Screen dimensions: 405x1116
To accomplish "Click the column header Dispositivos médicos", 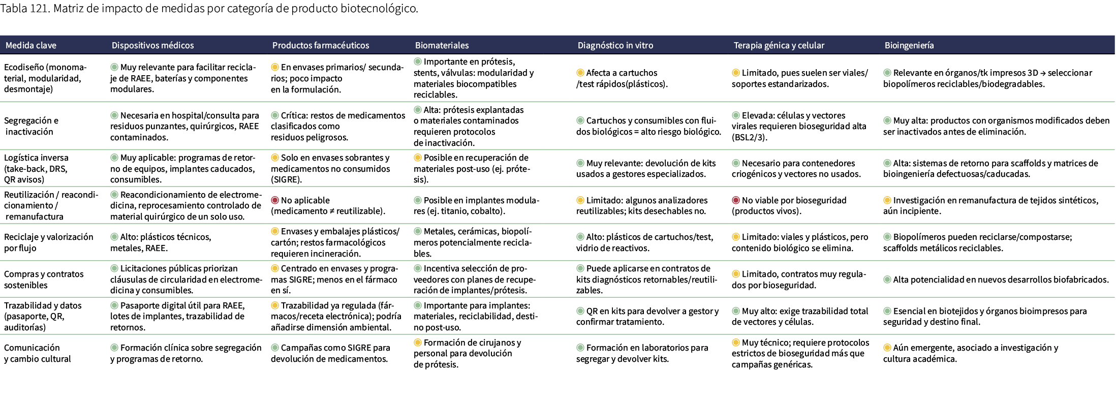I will [x=152, y=45].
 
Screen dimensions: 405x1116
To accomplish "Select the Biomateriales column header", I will [x=442, y=45].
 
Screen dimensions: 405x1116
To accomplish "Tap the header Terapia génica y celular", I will [x=779, y=45].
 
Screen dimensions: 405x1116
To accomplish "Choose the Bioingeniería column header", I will [x=909, y=45].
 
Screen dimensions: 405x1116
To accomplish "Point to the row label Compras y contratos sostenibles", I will [x=44, y=279].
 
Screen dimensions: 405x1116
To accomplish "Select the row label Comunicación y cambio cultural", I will [x=37, y=353].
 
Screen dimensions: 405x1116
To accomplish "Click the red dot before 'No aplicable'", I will [x=275, y=200].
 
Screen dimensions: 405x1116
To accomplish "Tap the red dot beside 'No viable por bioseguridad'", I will [x=736, y=200].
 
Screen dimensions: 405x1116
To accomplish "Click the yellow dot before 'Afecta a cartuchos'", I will [x=580, y=73].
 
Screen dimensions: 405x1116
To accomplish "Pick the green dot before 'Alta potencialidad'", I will [x=887, y=279].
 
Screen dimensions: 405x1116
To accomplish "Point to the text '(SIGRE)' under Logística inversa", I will [x=286, y=179].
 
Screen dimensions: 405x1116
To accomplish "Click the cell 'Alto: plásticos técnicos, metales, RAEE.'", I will [x=161, y=242].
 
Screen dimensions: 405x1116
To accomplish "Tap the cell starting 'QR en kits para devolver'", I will [x=647, y=316].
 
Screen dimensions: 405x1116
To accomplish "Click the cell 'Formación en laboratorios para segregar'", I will [x=642, y=353].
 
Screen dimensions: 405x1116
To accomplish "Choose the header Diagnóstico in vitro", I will [x=615, y=45].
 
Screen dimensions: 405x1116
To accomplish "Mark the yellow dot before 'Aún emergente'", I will [x=887, y=348].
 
